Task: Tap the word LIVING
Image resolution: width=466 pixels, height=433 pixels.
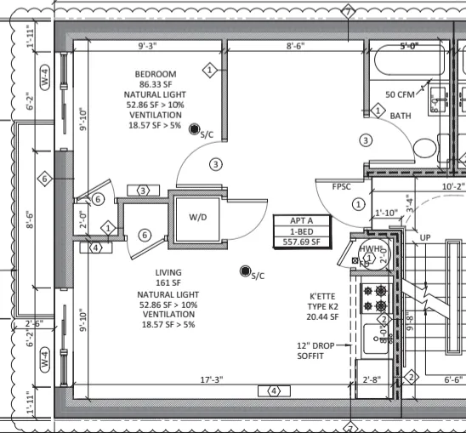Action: (x=167, y=273)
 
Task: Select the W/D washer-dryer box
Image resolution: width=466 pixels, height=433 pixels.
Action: (x=197, y=217)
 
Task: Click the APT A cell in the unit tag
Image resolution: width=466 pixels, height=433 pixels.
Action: (x=298, y=219)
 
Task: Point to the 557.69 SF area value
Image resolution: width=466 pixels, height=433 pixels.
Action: (x=298, y=242)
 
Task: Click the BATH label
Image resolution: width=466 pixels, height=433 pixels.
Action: (x=401, y=115)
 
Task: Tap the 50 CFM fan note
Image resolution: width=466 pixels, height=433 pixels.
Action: (x=400, y=94)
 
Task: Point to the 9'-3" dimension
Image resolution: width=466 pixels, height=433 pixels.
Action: (x=151, y=47)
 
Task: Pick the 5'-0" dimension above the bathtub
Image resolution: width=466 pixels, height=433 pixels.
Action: (x=412, y=48)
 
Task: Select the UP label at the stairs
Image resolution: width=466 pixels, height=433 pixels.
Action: (x=428, y=237)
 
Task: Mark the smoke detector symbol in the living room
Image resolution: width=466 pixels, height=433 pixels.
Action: (x=245, y=271)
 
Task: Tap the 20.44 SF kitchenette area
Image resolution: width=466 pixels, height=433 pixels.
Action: (x=323, y=316)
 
